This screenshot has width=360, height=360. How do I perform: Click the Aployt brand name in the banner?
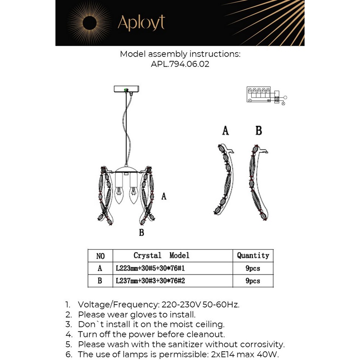click(x=141, y=23)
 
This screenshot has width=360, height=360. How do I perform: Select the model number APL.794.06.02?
click(x=180, y=64)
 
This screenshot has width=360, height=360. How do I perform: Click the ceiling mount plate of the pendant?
click(x=126, y=88)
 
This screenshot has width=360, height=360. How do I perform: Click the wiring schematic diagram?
click(x=266, y=95)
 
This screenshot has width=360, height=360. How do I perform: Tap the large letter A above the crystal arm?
click(x=225, y=130)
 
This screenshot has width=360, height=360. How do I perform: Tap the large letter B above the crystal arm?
click(x=258, y=130)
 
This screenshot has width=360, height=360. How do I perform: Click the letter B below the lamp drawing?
click(x=141, y=233)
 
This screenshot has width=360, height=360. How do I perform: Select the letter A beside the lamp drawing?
click(x=164, y=197)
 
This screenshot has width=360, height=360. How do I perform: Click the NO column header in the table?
click(x=100, y=256)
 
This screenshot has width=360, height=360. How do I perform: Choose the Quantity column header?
click(x=253, y=256)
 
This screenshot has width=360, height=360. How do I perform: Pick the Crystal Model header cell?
click(x=161, y=256)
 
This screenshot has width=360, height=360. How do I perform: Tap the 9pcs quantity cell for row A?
click(x=253, y=268)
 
